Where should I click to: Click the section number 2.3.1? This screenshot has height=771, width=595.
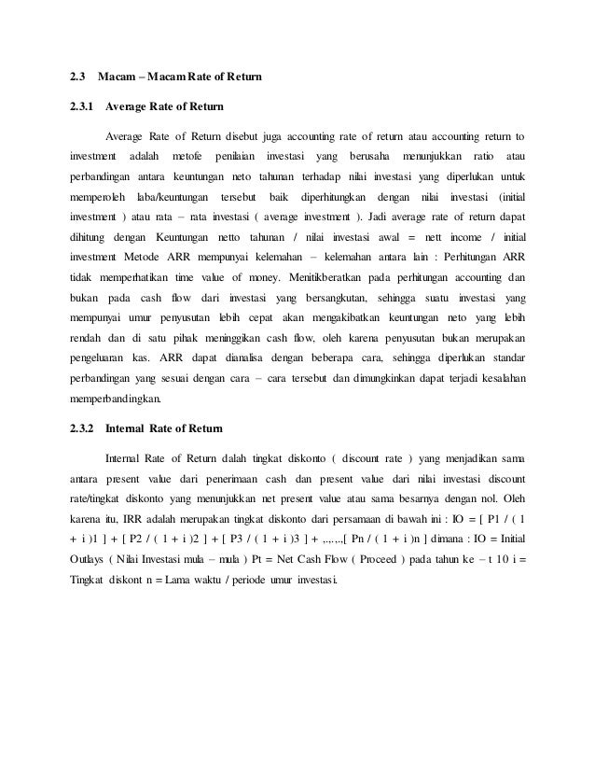(82, 105)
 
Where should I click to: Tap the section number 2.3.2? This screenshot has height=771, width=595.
(82, 430)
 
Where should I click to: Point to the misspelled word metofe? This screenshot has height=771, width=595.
(189, 152)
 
